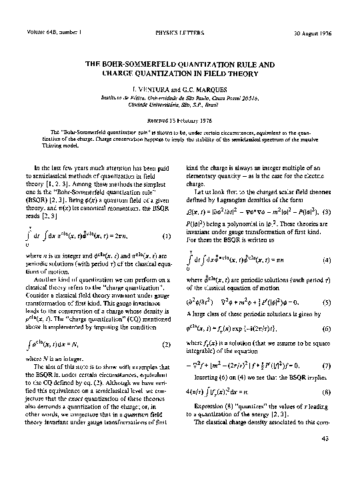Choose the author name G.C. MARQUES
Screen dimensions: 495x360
pyautogui.click(x=196, y=87)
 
